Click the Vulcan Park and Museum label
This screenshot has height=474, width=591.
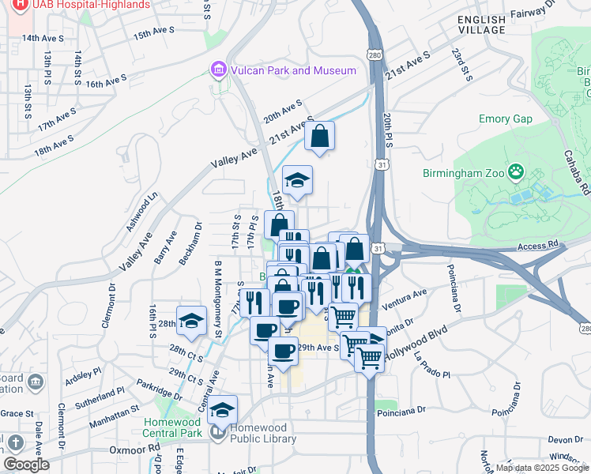294,70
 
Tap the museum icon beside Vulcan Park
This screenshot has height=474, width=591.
218,70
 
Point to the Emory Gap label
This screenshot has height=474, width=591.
506,119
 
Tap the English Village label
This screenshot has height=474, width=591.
481,24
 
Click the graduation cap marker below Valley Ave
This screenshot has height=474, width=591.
298,182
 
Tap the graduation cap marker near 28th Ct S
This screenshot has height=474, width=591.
190,322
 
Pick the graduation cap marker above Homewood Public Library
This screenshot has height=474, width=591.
223,410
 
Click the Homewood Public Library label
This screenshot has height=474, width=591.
251,433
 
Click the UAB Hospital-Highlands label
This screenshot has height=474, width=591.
81,5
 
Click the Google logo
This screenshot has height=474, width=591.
26,465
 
